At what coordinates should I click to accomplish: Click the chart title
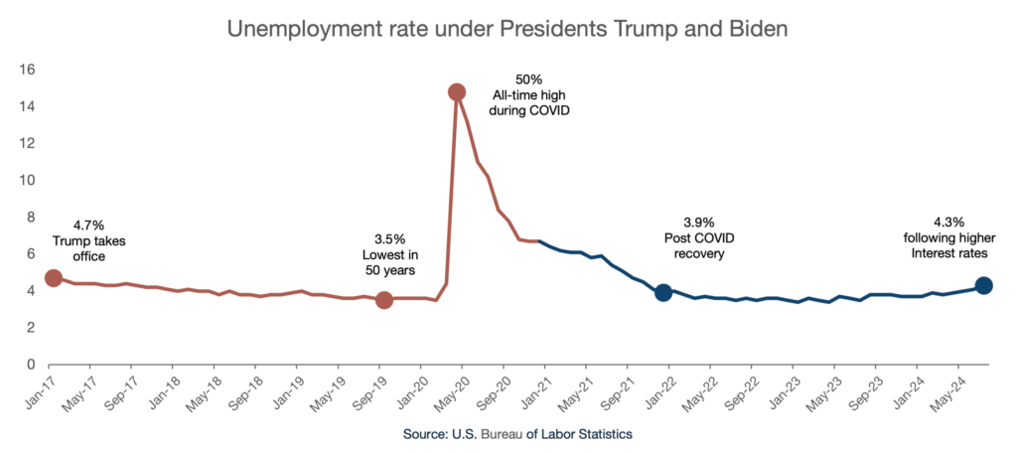[508, 28]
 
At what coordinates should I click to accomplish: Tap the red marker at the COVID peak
[457, 92]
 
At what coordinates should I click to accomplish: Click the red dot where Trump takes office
[54, 278]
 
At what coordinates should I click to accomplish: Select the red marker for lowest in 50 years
[384, 300]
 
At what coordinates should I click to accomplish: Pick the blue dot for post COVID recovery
[663, 292]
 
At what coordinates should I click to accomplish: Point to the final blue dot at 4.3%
[983, 285]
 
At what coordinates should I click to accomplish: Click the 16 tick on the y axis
[28, 70]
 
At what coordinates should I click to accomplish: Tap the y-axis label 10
[28, 180]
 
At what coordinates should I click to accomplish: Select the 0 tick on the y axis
[31, 365]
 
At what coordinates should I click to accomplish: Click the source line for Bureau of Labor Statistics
[517, 434]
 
